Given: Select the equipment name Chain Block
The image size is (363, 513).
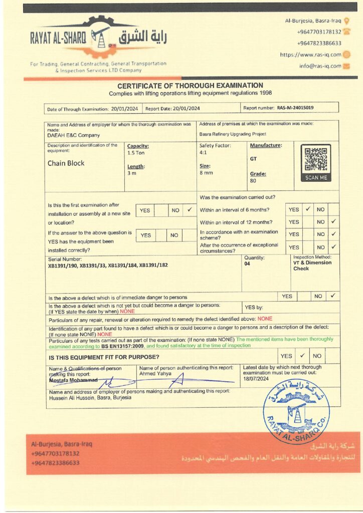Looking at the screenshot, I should coord(66,163).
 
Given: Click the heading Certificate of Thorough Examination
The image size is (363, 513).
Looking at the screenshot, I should coord(190,86).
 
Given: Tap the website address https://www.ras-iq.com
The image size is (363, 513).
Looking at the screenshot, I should coord(310,55).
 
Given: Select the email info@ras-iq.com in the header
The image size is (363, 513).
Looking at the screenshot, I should coord(320,66).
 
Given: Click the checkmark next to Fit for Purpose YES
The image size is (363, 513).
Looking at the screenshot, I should coord(302,356).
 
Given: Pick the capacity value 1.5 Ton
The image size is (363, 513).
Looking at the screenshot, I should coord(136,153).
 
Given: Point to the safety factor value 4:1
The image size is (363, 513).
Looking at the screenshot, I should coord(204,152).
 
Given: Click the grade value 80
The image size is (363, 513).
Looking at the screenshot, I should coord(253,181).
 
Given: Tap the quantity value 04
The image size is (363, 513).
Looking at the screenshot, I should coord(247,264).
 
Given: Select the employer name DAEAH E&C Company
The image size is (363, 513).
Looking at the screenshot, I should coord(74,135).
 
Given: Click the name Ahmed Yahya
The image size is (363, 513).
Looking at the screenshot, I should coord(155,373).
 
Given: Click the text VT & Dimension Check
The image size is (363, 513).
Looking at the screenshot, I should coord(312,266).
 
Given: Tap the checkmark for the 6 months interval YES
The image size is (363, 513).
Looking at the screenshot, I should coord(308,209).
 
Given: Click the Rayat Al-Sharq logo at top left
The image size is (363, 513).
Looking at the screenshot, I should coord(98,38).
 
